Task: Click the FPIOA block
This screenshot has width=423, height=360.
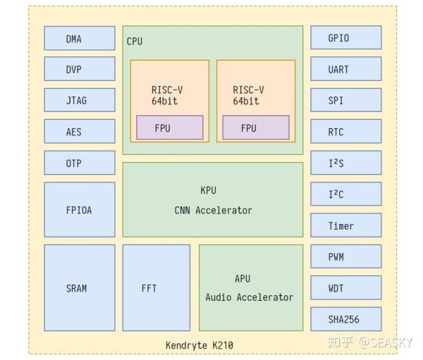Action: point(79,209)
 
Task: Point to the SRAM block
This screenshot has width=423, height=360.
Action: point(79,287)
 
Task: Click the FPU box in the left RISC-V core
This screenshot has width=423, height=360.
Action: point(169,128)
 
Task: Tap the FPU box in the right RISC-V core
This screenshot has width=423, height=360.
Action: point(255,128)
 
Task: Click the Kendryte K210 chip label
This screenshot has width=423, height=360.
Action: point(199,345)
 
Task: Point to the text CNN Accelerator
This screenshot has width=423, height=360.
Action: point(213,210)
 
